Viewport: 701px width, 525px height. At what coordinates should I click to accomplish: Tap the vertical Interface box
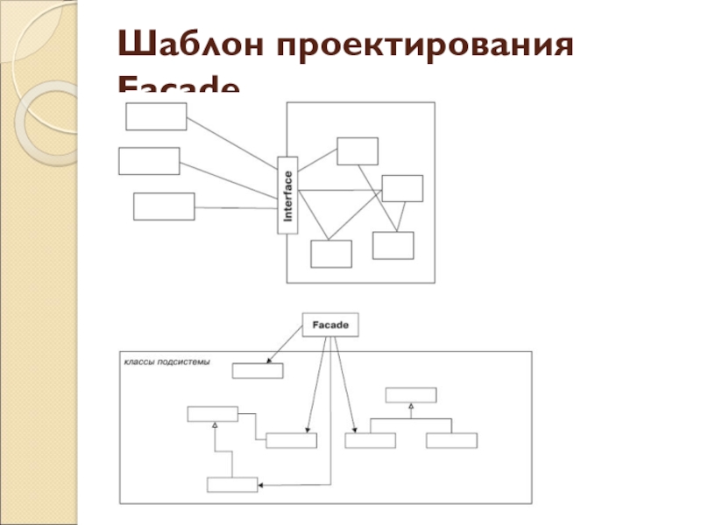coord(287,195)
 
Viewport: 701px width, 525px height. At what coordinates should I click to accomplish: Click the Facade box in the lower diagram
coord(330,325)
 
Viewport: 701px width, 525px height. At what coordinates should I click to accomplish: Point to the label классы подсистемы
coord(167,362)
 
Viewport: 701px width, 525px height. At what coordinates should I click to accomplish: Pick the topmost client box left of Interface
coord(156,116)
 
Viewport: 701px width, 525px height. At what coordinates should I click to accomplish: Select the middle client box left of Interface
coord(148,161)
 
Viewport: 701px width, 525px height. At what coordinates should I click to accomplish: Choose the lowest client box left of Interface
coord(164,206)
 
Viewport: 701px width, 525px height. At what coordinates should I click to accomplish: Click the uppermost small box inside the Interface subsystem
coord(358,150)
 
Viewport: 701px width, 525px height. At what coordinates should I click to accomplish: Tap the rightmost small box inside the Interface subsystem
coord(402,188)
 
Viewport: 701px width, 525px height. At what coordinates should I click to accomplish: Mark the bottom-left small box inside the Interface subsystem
coord(331,254)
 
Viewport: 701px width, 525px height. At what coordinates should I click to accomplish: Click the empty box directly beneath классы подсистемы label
coord(258,371)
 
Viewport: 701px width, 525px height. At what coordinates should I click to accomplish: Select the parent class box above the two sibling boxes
coord(409,395)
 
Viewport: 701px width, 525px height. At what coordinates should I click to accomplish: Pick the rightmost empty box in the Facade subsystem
coord(452,440)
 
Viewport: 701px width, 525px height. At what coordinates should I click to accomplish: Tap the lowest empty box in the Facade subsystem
coord(232,485)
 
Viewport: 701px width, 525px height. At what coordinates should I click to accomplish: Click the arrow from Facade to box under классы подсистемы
coord(286,346)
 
